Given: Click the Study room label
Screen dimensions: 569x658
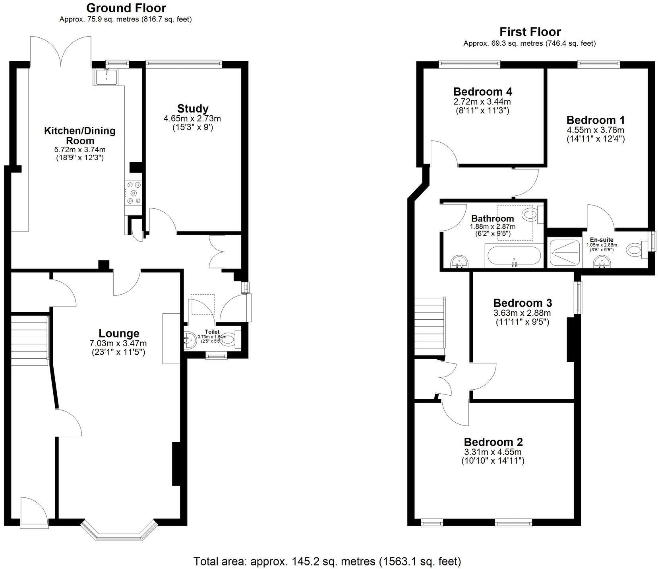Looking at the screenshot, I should (x=193, y=109).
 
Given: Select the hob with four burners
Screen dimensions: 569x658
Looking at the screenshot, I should (x=133, y=193).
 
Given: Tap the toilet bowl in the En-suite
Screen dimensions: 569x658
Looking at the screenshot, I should (x=634, y=251).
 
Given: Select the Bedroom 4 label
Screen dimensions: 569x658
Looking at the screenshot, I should (x=482, y=91).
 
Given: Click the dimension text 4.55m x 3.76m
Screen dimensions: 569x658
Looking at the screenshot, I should (x=595, y=130).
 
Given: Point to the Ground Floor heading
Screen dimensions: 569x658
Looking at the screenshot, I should (x=126, y=8).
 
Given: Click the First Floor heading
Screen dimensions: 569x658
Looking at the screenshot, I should (x=530, y=31).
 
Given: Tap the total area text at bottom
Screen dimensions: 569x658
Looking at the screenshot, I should (x=327, y=561).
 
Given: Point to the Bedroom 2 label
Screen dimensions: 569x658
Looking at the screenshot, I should (x=493, y=442).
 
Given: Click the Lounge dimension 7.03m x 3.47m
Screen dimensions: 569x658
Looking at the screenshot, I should (x=118, y=343).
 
